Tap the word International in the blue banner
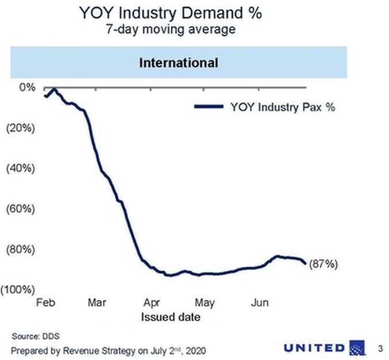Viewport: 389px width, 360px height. pos(179,63)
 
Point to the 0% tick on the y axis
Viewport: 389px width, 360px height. pos(28,87)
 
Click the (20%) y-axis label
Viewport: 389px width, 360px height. pos(21,128)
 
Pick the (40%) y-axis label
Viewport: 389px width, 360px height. pos(21,169)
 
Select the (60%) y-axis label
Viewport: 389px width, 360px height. pos(21,209)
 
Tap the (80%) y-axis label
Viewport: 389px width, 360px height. pos(21,250)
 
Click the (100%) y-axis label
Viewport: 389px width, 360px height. pos(18,290)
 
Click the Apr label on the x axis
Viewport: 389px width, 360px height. pos(151,303)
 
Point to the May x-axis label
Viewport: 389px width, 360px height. pos(205,303)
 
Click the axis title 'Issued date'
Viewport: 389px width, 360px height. pos(168,316)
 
